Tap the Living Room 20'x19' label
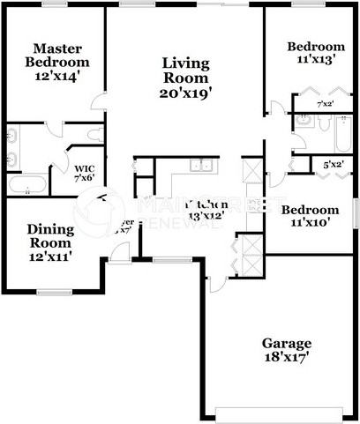click(x=185, y=77)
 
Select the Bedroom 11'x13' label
click(x=315, y=53)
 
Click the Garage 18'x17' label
click(x=286, y=350)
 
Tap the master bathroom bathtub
click(x=27, y=184)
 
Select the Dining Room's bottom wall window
click(x=54, y=291)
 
